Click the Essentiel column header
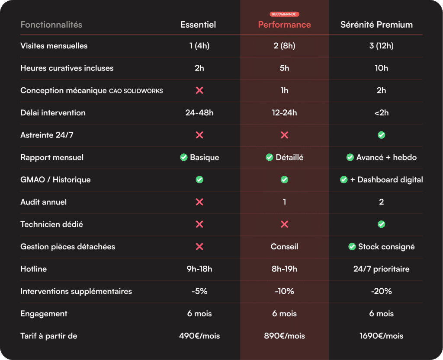coord(198,25)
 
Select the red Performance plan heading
coord(284,25)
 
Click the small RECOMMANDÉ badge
coord(284,14)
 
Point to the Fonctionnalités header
coord(51,25)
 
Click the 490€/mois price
coord(199,336)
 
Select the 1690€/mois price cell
coord(381,336)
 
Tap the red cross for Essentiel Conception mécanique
coord(199,90)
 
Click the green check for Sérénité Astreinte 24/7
coord(381,135)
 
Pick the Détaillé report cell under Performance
coord(284,157)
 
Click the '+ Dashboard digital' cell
coord(381,180)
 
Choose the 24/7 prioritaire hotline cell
coord(381,269)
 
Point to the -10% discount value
coord(284,291)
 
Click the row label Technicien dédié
coord(51,224)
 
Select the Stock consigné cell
coord(381,247)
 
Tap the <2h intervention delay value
coord(381,113)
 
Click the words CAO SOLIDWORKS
coord(136,91)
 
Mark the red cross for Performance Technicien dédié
coord(284,224)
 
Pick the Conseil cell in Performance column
coord(284,247)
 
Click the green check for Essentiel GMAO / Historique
coord(199,180)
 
